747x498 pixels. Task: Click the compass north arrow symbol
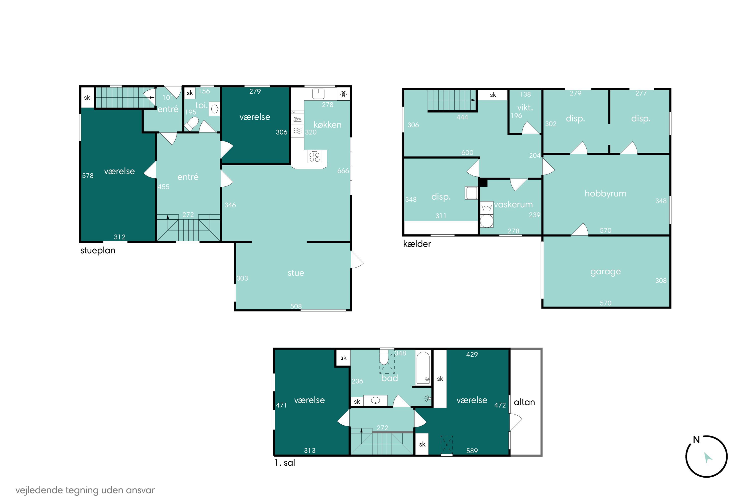point(708,458)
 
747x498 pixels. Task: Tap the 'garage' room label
point(605,272)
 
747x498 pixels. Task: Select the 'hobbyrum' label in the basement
point(605,193)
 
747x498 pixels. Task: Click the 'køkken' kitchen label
point(327,124)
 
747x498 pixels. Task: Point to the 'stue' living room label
point(296,273)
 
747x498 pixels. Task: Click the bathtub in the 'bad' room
point(423,368)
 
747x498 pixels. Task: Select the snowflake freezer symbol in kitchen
point(343,94)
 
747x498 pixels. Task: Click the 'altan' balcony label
point(524,402)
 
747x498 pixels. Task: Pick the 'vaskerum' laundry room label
point(513,204)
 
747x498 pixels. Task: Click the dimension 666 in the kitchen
point(343,171)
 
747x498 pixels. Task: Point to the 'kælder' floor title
point(417,244)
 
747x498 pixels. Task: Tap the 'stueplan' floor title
point(98,250)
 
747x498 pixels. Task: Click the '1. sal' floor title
point(285,463)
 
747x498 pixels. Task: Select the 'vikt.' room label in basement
point(525,108)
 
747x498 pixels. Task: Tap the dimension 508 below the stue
point(296,306)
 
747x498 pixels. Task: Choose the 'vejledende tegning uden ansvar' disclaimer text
point(85,490)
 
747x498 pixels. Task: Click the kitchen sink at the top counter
point(318,93)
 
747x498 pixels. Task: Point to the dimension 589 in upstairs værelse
point(472,451)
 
